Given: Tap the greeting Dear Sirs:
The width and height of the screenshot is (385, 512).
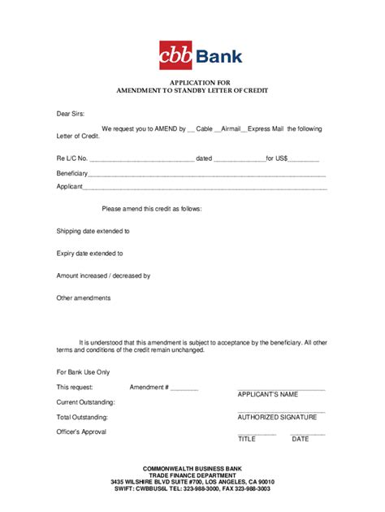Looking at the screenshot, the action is click(x=71, y=115).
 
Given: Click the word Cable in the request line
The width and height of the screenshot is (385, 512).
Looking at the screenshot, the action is click(x=205, y=128).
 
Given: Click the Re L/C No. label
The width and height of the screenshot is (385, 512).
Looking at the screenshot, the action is click(x=72, y=158).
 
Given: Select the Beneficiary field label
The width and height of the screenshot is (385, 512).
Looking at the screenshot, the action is click(x=71, y=174).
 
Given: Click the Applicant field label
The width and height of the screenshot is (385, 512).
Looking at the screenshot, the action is click(x=69, y=187).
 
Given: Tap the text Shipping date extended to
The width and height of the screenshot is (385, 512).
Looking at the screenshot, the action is click(x=93, y=231).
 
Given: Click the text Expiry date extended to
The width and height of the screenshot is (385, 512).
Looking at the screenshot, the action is click(x=89, y=254).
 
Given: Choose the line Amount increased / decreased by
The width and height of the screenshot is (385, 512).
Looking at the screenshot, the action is click(x=103, y=276).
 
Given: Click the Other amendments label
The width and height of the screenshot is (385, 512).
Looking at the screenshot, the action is click(x=83, y=297).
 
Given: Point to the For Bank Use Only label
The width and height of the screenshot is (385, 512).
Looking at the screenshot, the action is click(x=83, y=371).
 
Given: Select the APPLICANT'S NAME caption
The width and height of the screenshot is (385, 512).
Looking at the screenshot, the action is click(x=267, y=394).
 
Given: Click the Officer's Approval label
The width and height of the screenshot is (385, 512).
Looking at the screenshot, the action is click(x=81, y=432).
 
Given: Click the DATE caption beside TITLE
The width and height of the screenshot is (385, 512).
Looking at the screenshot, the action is click(x=301, y=439).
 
